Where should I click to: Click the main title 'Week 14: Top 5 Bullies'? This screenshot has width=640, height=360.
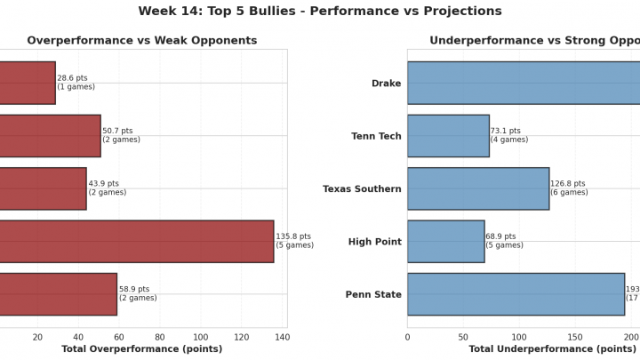pyautogui.click(x=320, y=12)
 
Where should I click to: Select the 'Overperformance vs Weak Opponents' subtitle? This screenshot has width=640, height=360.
pyautogui.click(x=142, y=41)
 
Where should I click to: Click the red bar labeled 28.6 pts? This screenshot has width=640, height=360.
pyautogui.click(x=28, y=83)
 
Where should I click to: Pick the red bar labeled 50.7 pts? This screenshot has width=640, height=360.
pyautogui.click(x=50, y=136)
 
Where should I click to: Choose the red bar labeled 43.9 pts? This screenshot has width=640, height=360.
pyautogui.click(x=43, y=188)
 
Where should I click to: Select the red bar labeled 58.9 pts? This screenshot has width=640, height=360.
pyautogui.click(x=58, y=294)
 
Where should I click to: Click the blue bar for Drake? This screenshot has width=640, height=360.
pyautogui.click(x=524, y=83)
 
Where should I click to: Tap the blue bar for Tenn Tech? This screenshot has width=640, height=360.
pyautogui.click(x=448, y=136)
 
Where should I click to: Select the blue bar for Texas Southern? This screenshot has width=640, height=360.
pyautogui.click(x=478, y=188)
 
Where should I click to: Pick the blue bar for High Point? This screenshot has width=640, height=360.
pyautogui.click(x=446, y=242)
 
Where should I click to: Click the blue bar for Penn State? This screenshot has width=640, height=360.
pyautogui.click(x=516, y=294)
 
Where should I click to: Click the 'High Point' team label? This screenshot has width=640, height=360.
pyautogui.click(x=373, y=242)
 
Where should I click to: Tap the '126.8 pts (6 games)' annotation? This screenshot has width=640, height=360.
pyautogui.click(x=569, y=188)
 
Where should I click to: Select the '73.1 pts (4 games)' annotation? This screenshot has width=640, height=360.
pyautogui.click(x=509, y=136)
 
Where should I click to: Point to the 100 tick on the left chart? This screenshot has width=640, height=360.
pyautogui.click(x=201, y=337)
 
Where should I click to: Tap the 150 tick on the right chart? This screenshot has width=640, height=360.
pyautogui.click(x=575, y=337)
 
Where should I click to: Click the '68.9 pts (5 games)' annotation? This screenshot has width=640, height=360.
pyautogui.click(x=505, y=242)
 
